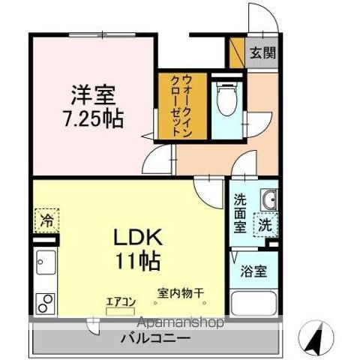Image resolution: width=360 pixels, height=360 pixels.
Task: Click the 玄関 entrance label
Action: click(262, 52)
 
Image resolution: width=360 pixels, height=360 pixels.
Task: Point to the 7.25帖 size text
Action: click(94, 118)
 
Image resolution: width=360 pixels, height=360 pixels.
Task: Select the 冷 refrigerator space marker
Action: click(46, 223)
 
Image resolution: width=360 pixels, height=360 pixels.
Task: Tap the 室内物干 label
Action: click(181, 293)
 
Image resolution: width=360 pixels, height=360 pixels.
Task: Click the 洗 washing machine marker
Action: click(265, 223)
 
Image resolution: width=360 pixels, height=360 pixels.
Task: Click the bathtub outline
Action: click(253, 304)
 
